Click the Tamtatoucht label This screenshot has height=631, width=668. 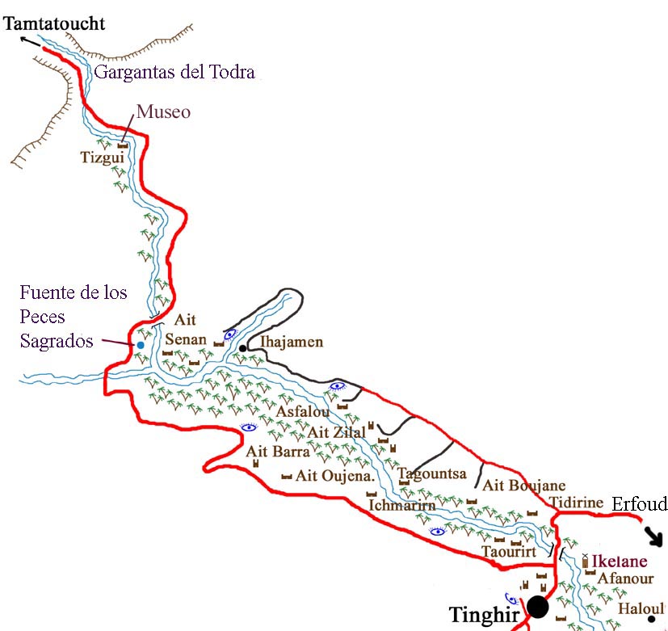tap(54, 23)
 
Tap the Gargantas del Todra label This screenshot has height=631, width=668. tap(175, 73)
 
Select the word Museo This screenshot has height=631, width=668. tap(163, 112)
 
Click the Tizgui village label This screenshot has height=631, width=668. tap(103, 158)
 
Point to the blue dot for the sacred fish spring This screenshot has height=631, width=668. tap(141, 346)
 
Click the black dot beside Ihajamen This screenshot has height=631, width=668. tap(242, 348)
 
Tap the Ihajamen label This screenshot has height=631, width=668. tap(291, 342)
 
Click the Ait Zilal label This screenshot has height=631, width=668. tap(337, 432)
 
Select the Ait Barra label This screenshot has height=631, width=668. tap(278, 451)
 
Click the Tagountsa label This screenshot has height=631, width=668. tap(432, 473)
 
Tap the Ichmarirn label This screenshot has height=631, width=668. tap(402, 505)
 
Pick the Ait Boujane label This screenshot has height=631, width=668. tap(523, 486)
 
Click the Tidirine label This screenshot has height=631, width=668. tap(577, 503)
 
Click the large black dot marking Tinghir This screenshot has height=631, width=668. tap(538, 607)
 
